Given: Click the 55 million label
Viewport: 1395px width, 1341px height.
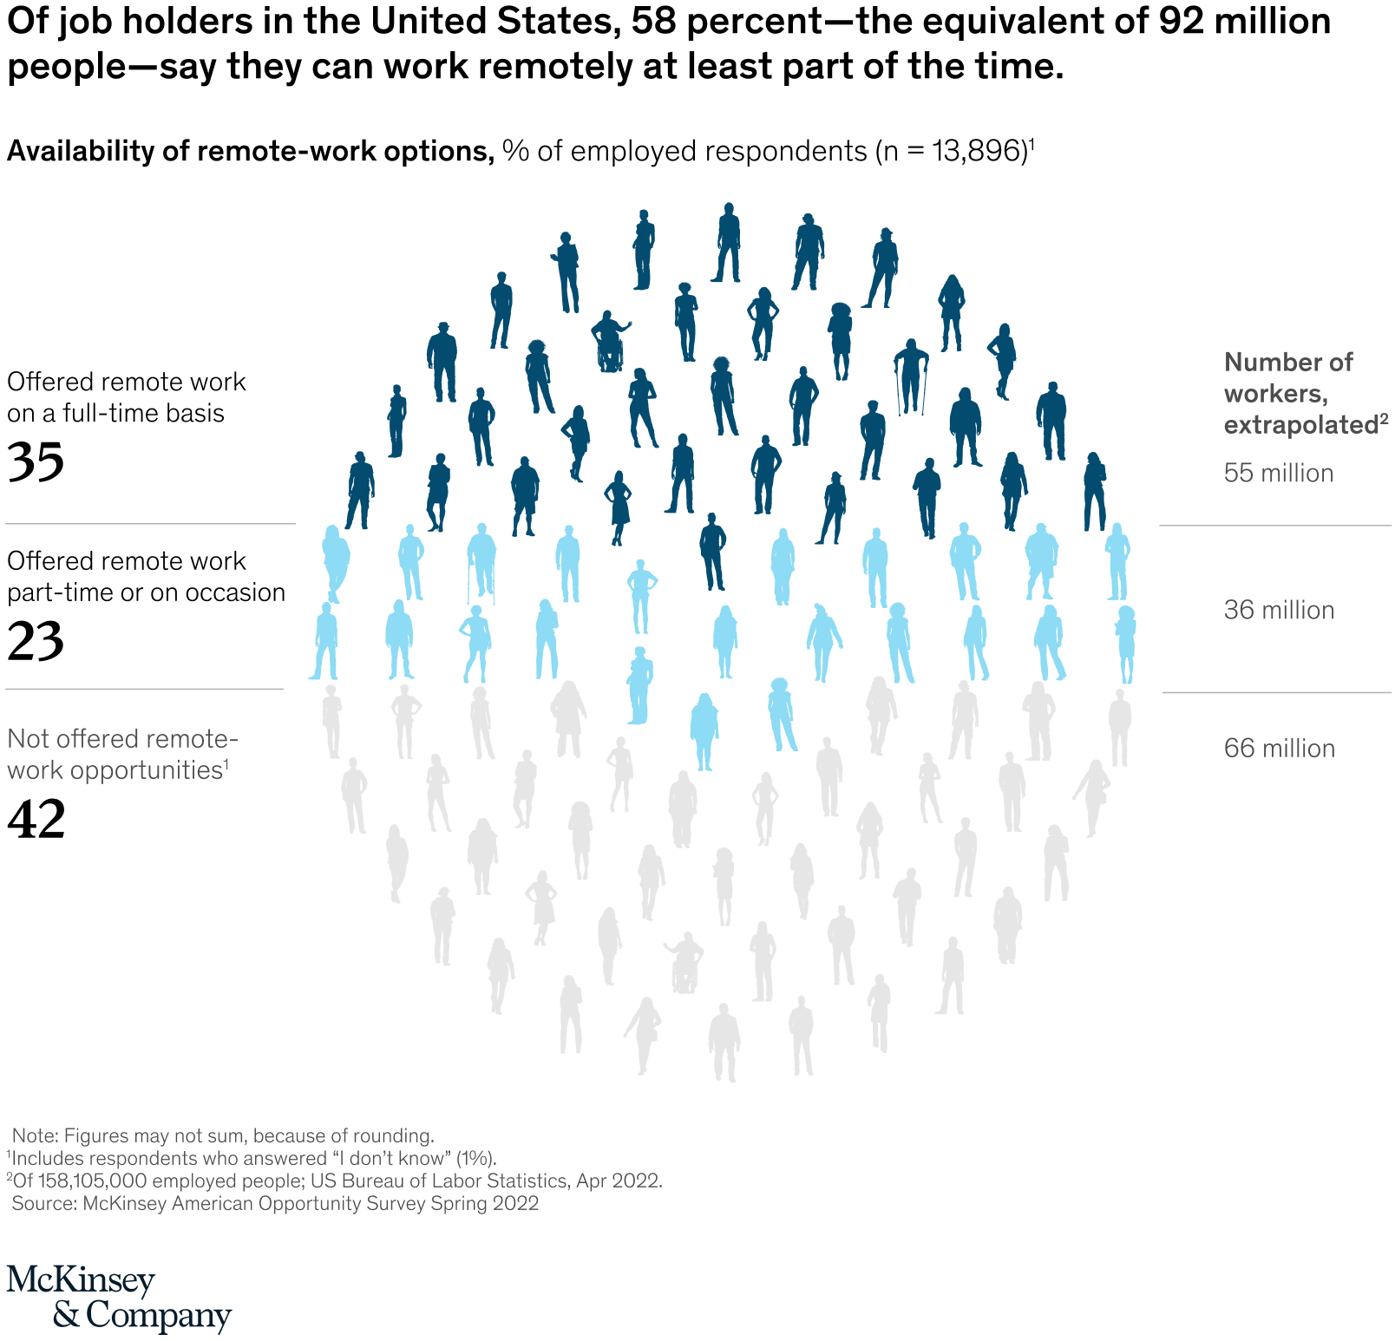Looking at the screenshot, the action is click(x=1278, y=473).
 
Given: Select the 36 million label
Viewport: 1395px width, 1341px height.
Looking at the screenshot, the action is click(x=1279, y=610).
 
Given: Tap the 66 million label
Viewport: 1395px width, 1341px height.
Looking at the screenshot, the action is click(x=1279, y=748).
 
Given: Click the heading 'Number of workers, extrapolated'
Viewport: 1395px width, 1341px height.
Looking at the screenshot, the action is click(x=1288, y=393).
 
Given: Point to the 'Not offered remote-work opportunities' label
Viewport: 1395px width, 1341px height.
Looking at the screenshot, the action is click(x=121, y=754).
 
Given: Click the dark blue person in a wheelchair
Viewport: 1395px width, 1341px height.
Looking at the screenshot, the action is click(x=609, y=342).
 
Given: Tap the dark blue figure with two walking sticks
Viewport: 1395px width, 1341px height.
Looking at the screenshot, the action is click(x=911, y=376).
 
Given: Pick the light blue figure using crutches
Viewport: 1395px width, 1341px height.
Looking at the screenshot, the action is click(x=481, y=562).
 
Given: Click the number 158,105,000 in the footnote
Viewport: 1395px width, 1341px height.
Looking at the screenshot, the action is click(x=92, y=1181).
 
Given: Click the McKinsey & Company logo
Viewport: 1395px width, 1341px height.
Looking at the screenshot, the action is click(x=118, y=1298).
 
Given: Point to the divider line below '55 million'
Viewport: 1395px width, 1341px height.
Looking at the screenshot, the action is click(x=1275, y=526).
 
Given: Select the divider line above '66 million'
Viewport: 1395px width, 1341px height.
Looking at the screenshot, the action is click(x=1275, y=692).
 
